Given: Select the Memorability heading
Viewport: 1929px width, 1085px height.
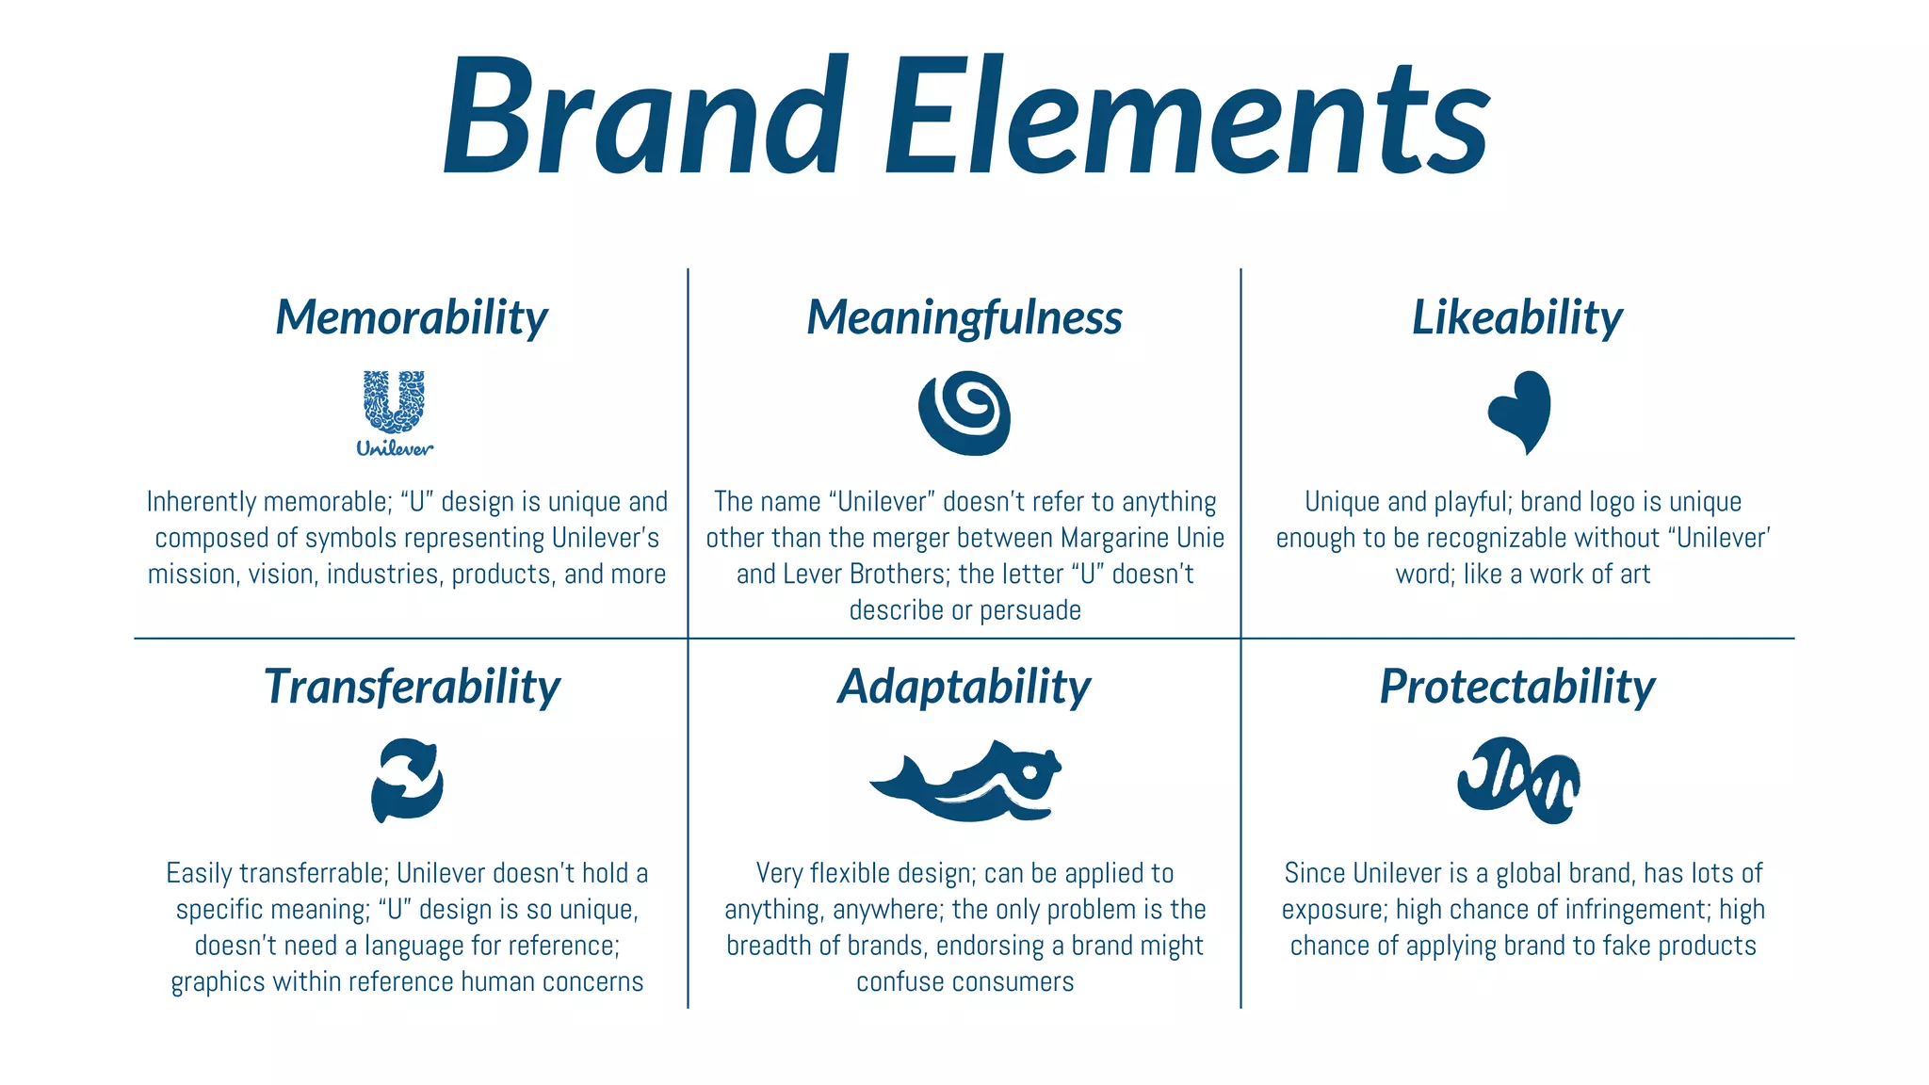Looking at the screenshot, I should coord(412,317).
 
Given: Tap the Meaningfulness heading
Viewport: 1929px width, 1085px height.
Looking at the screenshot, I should coord(964,317).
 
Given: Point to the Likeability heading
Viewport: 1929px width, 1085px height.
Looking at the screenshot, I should coord(1517,317).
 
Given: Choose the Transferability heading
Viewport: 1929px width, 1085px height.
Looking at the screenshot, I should coord(412,687).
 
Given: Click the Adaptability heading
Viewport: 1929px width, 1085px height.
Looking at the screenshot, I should coord(964,687).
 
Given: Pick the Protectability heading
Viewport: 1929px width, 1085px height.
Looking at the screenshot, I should coord(1517,687).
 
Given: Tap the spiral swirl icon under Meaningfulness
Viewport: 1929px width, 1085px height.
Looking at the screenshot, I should coord(964,413).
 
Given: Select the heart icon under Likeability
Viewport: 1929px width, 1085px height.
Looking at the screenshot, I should coord(1520,411).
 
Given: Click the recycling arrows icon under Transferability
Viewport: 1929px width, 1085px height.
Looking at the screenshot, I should coord(407,780).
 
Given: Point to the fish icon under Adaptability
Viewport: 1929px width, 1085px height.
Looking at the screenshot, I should coord(964,782).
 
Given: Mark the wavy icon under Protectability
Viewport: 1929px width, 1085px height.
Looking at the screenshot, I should coord(1518,780).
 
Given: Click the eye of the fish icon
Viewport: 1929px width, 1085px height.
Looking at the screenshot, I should coord(1029,772).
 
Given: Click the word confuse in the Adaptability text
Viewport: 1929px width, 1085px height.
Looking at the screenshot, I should coord(896,982).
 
